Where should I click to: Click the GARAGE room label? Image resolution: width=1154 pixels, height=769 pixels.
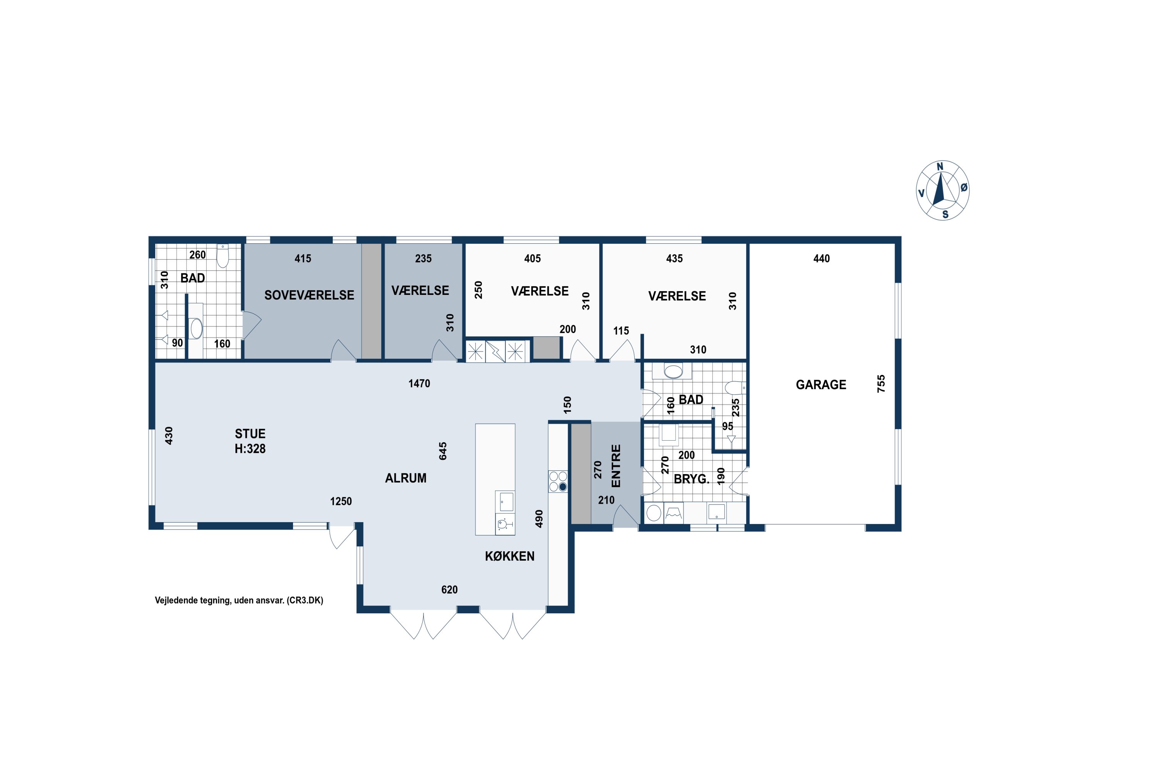821,384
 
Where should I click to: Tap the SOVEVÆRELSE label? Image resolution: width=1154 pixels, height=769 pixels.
309,295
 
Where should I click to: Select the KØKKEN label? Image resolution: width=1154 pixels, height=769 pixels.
510,556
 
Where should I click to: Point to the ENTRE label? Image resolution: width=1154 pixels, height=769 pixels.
616,466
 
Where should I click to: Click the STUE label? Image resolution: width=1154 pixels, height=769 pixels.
250,434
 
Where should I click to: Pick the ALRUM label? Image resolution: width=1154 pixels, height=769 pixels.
406,478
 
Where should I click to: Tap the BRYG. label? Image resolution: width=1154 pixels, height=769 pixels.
692,479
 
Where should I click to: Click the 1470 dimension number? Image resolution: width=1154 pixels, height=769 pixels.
420,383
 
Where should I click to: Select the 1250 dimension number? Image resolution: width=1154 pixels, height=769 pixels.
341,501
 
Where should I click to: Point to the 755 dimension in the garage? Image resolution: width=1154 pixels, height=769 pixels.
881,383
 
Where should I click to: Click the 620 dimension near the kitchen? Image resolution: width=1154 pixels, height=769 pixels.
449,589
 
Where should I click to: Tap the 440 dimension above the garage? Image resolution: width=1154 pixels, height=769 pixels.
822,258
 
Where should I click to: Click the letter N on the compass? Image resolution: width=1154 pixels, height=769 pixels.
940,167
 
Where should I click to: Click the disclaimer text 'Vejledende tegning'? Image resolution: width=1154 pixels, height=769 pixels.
192,600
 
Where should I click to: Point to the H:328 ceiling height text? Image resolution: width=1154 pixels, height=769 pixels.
250,449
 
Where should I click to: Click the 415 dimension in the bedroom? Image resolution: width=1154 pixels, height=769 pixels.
303,258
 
